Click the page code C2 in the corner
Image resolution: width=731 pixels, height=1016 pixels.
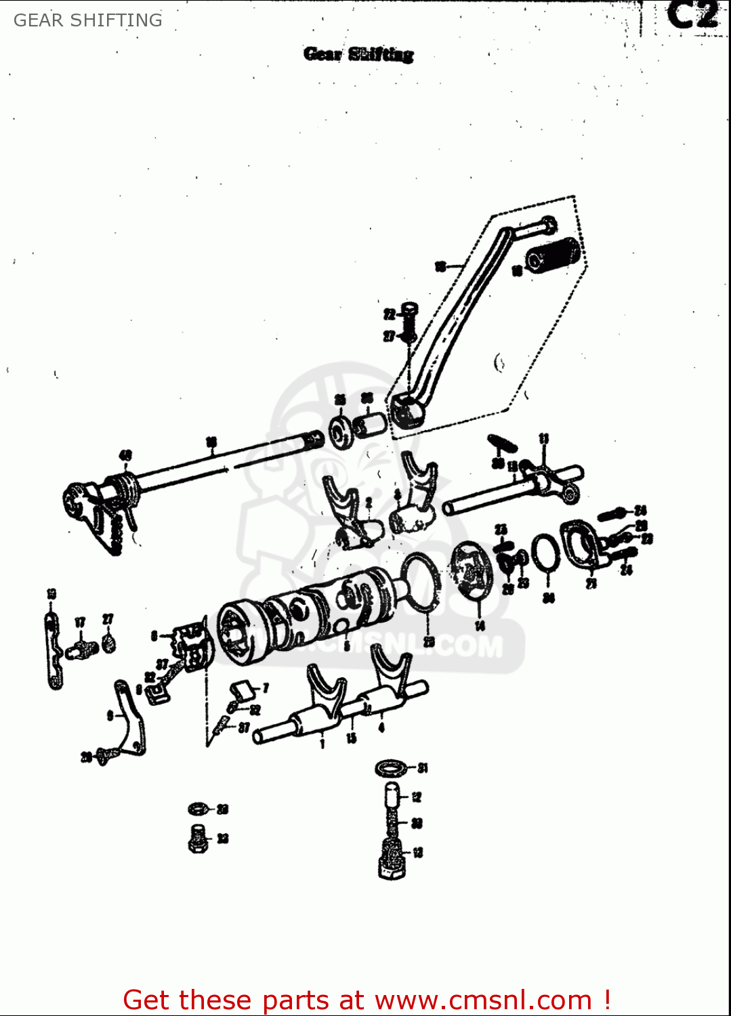click(692, 16)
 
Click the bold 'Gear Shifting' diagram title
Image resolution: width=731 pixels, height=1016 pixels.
click(358, 54)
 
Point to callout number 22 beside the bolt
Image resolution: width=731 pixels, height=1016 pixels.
click(389, 314)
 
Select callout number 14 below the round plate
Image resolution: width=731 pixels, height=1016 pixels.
click(480, 626)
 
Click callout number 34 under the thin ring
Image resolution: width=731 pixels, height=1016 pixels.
click(549, 597)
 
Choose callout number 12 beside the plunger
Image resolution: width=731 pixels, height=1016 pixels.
click(417, 797)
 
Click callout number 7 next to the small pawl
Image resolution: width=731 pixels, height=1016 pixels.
click(265, 687)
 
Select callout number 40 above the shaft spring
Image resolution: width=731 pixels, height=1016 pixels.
click(125, 456)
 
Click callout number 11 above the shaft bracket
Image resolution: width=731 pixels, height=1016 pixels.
click(543, 439)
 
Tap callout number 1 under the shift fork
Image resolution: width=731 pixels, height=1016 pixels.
click(322, 744)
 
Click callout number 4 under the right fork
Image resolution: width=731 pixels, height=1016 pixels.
click(381, 727)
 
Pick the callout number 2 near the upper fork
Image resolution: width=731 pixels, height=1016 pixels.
click(369, 502)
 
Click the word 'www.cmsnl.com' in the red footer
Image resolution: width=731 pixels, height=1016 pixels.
click(483, 1000)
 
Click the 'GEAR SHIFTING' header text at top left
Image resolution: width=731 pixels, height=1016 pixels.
click(88, 20)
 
